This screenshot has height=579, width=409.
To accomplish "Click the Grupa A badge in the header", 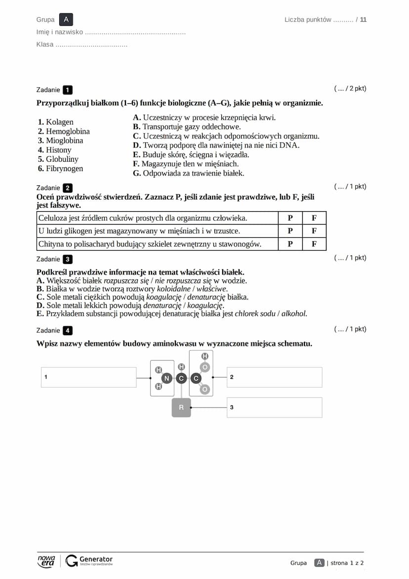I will [66, 20].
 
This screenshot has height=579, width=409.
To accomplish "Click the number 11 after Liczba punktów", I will [364, 20].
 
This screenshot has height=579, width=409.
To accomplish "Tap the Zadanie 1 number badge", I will [68, 90].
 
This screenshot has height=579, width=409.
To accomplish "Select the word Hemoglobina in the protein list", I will [68, 132].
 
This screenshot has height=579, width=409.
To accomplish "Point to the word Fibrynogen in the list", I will [64, 169].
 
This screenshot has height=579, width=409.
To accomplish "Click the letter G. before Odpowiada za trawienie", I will [137, 174].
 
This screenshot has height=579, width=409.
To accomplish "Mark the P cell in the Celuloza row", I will [290, 218].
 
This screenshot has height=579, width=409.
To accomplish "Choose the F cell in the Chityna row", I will [314, 244].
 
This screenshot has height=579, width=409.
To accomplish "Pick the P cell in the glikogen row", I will [290, 231].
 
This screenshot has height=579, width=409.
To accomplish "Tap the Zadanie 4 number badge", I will [68, 331].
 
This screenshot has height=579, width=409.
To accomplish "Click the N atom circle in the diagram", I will [166, 378].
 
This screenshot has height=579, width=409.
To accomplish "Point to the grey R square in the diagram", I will [181, 407].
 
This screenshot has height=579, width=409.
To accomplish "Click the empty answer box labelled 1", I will [89, 377].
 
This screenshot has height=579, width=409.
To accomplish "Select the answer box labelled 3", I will [274, 407].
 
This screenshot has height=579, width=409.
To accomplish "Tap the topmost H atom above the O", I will [205, 356].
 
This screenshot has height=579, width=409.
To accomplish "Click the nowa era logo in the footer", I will [46, 561].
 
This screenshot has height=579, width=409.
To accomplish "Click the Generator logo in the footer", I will [90, 561].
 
